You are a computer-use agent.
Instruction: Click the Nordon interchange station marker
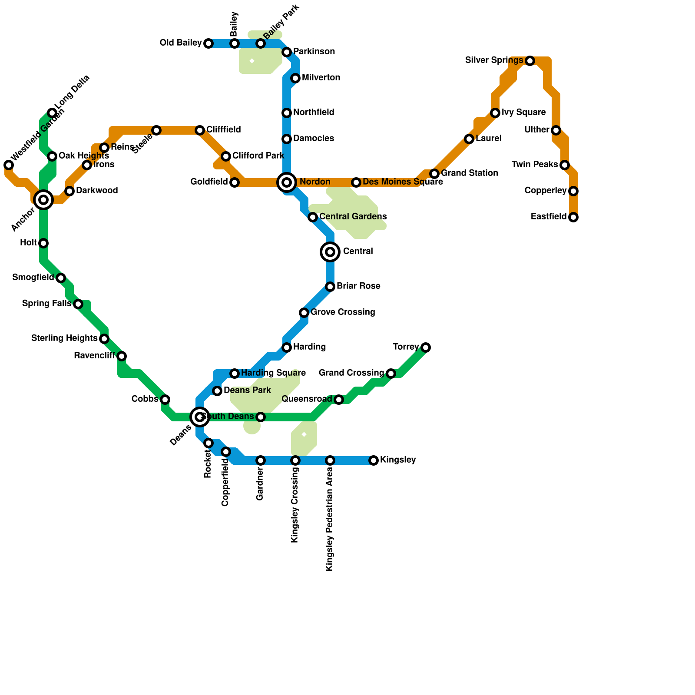[287, 182]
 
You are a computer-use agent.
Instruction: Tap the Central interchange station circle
[330, 252]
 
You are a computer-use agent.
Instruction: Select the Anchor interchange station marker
[43, 200]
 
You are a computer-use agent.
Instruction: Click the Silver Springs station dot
[530, 61]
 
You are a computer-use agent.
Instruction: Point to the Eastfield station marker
[573, 217]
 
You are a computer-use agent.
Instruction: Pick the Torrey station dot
[426, 347]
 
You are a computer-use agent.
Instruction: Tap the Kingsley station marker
[374, 460]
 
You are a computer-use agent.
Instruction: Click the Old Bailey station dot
[208, 43]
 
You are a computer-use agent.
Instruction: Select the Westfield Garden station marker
[9, 165]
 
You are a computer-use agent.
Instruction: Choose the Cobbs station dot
[165, 400]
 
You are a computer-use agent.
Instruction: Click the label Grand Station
[470, 173]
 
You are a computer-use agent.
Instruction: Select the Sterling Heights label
[64, 338]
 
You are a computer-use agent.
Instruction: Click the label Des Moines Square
[403, 182]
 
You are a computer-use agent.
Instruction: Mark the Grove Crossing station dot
[304, 313]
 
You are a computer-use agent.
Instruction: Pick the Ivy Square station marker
[495, 113]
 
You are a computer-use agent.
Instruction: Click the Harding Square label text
[273, 373]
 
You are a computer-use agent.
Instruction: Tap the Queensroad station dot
[339, 400]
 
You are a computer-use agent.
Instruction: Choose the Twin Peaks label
[535, 165]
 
